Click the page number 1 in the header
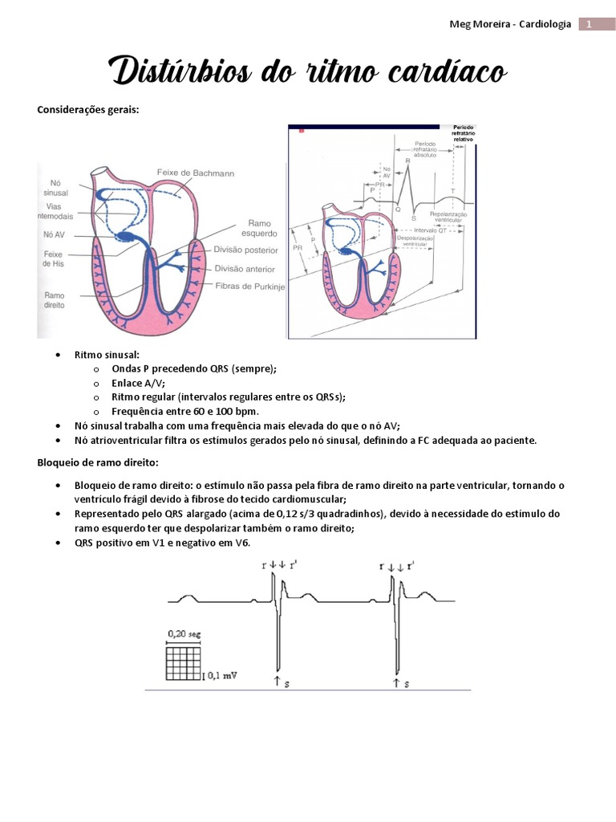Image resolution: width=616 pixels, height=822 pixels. (588, 24)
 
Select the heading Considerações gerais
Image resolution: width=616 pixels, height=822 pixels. (88, 110)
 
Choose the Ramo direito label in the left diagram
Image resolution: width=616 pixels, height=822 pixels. (55, 300)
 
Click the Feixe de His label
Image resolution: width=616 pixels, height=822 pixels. (55, 258)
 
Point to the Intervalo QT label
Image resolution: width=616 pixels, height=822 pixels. (431, 231)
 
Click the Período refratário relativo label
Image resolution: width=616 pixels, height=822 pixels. (464, 132)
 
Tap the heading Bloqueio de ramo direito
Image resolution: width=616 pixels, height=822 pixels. (98, 462)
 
